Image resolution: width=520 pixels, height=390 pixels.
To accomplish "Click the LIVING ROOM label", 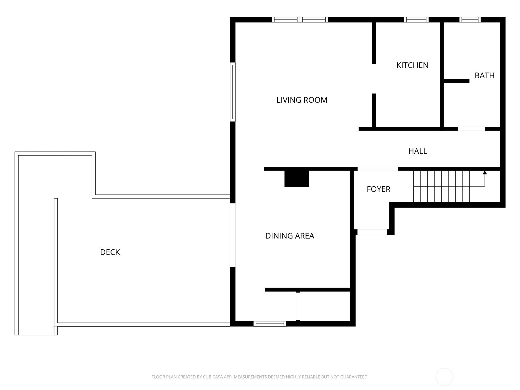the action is [302, 100].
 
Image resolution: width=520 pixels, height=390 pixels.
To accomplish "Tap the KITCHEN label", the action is [412, 65].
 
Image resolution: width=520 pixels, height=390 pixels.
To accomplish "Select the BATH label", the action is [485, 75].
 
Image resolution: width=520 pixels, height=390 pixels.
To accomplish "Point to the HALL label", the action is [418, 151].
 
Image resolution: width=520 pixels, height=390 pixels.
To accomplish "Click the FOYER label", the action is [378, 189].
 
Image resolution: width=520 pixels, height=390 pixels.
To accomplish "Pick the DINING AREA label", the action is [290, 236].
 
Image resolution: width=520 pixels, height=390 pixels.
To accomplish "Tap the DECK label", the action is [110, 252].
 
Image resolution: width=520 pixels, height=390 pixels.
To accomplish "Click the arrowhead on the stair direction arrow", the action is [485, 173].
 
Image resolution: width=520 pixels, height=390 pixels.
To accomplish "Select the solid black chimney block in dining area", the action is [297, 178].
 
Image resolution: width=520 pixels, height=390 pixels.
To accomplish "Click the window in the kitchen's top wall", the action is [416, 19].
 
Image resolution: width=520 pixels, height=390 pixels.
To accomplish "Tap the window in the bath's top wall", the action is [470, 19].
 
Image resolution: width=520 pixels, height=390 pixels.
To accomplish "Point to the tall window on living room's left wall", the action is [233, 92].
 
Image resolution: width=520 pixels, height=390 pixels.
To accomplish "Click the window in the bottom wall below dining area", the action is [270, 324].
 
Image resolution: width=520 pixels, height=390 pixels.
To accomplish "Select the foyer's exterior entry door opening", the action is [372, 232].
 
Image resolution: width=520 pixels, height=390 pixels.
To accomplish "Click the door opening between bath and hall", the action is [472, 129].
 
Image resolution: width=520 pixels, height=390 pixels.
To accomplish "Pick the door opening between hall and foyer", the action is [378, 169].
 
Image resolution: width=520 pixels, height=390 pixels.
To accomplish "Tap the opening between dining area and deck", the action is [233, 235].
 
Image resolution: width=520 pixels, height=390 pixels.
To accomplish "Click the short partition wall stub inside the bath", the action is [457, 81].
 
